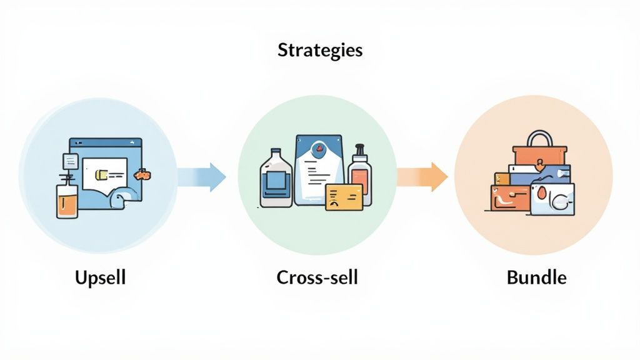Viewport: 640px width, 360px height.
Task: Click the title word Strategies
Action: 319,51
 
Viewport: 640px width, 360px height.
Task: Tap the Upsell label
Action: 100,277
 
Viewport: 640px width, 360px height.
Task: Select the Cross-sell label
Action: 317,277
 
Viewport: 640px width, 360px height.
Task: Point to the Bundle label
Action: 536,277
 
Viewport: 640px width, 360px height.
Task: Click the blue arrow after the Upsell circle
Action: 202,177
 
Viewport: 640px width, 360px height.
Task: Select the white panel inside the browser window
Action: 104,170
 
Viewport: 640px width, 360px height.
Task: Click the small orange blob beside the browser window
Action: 143,174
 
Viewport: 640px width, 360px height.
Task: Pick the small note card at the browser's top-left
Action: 70,161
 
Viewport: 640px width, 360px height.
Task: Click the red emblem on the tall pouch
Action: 319,149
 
